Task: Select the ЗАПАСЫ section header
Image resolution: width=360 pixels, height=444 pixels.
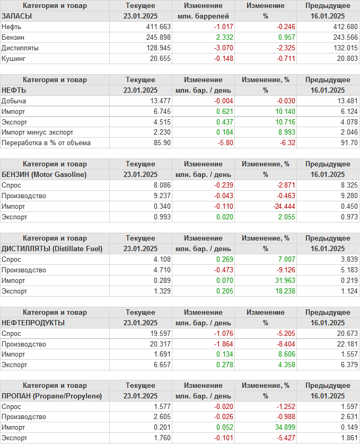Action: (17, 16)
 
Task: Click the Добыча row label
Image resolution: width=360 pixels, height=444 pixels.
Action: (14, 101)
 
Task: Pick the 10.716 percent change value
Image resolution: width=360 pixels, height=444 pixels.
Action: (278, 122)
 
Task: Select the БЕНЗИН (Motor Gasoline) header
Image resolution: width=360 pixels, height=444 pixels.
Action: (44, 174)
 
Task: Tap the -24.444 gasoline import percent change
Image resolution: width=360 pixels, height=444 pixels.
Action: (276, 206)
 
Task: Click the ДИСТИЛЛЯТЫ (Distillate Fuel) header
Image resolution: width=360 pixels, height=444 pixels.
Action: (52, 248)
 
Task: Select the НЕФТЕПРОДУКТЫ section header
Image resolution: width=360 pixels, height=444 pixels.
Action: (33, 322)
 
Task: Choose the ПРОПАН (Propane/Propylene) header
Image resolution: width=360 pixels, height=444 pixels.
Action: (52, 396)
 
